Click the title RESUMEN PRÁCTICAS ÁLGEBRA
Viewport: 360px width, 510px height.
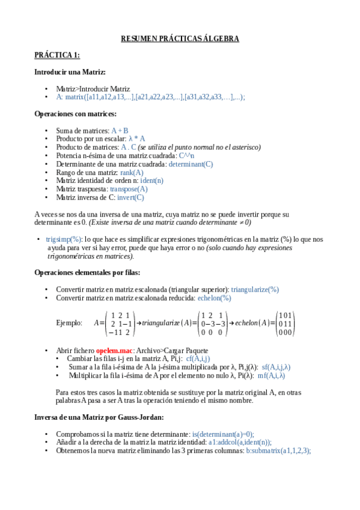(x=180, y=38)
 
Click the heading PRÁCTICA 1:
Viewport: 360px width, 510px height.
(x=57, y=55)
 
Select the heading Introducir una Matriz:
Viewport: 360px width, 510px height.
(x=70, y=72)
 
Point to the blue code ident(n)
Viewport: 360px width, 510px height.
(x=151, y=180)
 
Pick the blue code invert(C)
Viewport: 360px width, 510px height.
(x=131, y=197)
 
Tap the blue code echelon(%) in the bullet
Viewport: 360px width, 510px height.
(x=214, y=298)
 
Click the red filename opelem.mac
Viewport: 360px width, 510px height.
(x=114, y=350)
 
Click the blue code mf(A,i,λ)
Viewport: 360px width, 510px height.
(x=271, y=375)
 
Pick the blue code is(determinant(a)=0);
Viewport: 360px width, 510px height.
(x=223, y=434)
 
